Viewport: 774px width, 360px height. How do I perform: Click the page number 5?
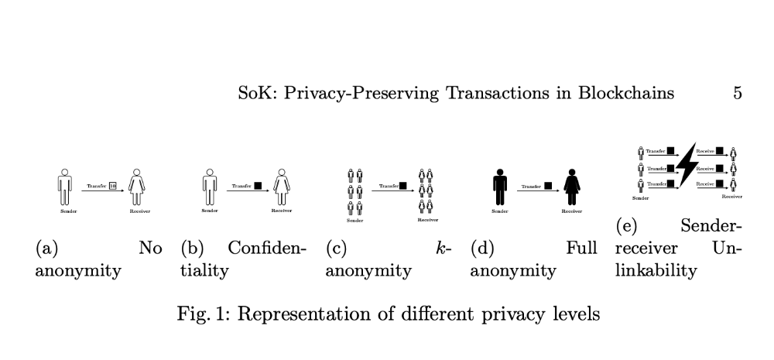pos(737,94)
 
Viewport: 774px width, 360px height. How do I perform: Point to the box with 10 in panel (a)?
pos(112,186)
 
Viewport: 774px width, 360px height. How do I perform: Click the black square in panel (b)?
pos(258,186)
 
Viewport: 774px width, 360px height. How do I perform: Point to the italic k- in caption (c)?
pos(444,249)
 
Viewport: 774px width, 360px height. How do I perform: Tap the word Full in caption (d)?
pos(582,249)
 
